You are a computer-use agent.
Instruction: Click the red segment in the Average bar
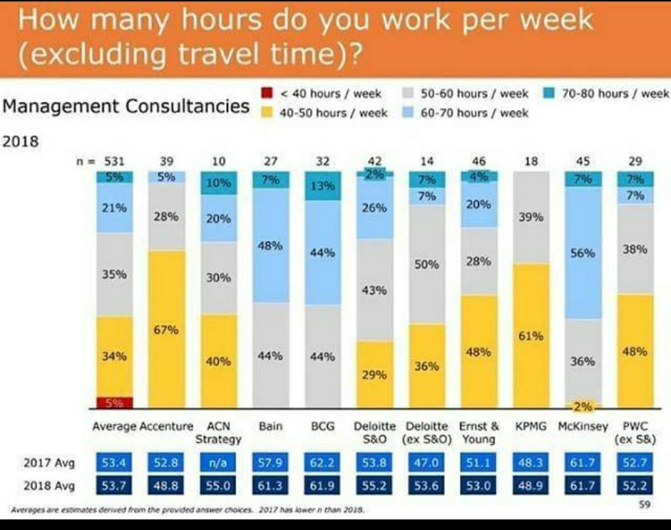[x=115, y=402]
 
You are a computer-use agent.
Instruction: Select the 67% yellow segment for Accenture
[x=167, y=329]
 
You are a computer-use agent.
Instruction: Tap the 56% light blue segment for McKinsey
[x=583, y=253]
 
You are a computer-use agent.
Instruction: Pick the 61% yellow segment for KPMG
[x=531, y=336]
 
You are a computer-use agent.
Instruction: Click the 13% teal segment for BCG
[x=322, y=186]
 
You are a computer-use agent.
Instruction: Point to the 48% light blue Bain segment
[x=270, y=245]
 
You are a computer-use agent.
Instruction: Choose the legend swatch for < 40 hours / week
[x=267, y=94]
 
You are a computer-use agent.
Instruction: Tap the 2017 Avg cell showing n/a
[x=218, y=463]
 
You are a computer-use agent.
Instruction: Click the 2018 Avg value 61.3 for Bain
[x=270, y=486]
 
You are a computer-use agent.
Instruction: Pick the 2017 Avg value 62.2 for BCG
[x=322, y=463]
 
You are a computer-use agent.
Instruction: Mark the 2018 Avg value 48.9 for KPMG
[x=531, y=486]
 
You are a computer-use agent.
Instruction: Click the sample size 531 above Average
[x=114, y=161]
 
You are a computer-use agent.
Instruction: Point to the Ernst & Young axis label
[x=478, y=432]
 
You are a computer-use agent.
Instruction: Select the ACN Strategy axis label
[x=218, y=432]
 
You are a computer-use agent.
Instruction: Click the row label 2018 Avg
[x=49, y=486]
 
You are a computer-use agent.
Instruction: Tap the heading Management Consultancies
[x=126, y=106]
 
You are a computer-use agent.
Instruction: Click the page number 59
[x=645, y=505]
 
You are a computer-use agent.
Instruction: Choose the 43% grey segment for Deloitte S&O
[x=375, y=290]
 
